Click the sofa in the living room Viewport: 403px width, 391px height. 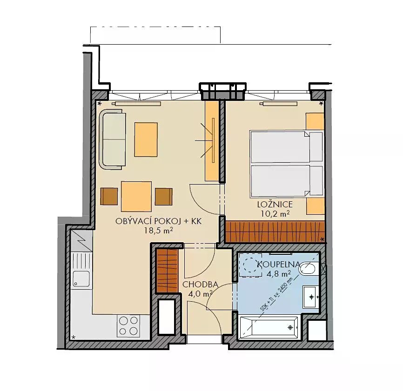point(112,139)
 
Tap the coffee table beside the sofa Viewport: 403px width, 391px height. point(146,139)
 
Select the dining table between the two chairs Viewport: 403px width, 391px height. point(136,196)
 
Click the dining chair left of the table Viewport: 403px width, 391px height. point(109,196)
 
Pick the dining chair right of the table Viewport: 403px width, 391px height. point(164,196)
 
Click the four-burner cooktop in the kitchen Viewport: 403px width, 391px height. point(128,326)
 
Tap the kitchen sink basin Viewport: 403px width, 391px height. point(81,278)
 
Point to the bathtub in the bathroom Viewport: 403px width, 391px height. point(269,328)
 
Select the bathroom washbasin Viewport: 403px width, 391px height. point(311,297)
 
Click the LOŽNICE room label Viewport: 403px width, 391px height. point(275,205)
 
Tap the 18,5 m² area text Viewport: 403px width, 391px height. point(158,230)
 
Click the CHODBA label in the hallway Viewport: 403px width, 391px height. point(200,285)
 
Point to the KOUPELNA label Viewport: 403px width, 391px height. point(279,265)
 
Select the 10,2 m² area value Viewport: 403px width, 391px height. point(275,213)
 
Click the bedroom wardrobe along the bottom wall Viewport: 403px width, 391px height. point(275,232)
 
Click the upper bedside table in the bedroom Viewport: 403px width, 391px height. point(315,121)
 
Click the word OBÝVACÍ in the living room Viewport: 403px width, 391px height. point(134,221)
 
